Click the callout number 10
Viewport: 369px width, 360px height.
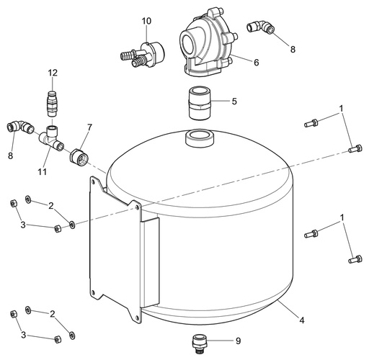(146, 21)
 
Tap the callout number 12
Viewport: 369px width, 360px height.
(53, 73)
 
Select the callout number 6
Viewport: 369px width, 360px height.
(257, 63)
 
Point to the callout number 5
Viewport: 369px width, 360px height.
(234, 102)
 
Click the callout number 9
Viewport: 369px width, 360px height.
(238, 341)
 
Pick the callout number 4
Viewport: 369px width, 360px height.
(301, 320)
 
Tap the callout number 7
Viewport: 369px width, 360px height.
(89, 127)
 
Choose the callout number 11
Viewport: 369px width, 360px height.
(42, 172)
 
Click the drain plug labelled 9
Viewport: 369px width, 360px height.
(200, 343)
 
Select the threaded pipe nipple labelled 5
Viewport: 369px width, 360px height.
(198, 103)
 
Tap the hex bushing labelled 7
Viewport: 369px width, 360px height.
(79, 156)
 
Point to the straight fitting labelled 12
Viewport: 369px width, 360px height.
(51, 104)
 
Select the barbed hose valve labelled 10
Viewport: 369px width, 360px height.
(143, 55)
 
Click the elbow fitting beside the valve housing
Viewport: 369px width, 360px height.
(261, 27)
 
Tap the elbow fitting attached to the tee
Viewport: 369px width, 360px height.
(19, 127)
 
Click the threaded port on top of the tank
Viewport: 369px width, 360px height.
(200, 138)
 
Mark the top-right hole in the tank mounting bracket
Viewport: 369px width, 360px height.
(137, 207)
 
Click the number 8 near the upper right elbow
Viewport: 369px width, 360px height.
(293, 49)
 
